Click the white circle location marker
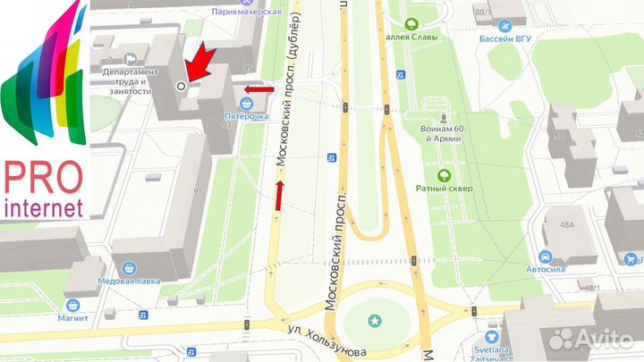coord(182,86)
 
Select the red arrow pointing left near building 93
coord(258,89)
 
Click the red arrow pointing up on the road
coord(279,195)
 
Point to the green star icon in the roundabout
coord(374,319)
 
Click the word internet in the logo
coord(44,208)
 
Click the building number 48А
coord(566,225)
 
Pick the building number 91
coord(196,190)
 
